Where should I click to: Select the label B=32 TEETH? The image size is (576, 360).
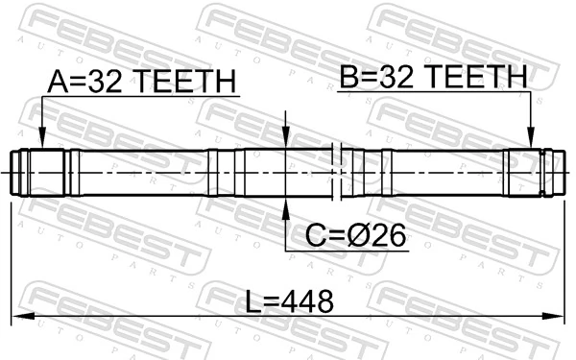[432, 76]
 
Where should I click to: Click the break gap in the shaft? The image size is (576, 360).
[336, 173]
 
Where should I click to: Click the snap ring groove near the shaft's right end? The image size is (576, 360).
[542, 174]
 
